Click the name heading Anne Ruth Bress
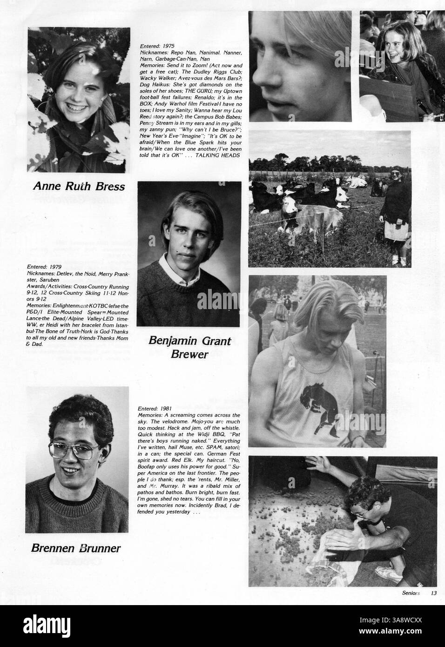coord(79,186)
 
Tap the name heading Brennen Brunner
coord(76,548)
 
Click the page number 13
coord(433,593)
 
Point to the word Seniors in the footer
coord(411,593)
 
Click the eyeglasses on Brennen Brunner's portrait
coord(75,450)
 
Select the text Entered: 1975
coord(156,47)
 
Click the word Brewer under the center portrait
coord(189,355)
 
